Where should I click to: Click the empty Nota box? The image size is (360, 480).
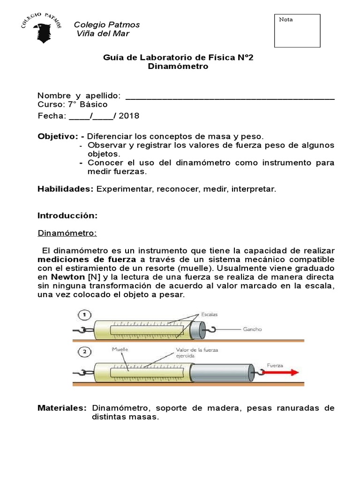click(297, 31)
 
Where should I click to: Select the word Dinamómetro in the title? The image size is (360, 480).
click(178, 67)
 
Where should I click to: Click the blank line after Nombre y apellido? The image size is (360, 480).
click(231, 96)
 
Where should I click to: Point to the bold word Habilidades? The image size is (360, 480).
click(65, 189)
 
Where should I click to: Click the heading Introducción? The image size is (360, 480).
click(67, 216)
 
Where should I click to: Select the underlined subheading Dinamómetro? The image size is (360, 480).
click(67, 233)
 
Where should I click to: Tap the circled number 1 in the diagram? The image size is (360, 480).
click(85, 315)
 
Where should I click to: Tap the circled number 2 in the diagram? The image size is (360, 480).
click(85, 351)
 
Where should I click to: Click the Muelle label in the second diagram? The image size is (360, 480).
click(120, 350)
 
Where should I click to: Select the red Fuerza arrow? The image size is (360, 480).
click(281, 373)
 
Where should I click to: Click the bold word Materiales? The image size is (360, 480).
click(62, 408)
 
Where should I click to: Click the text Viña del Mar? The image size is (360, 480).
click(103, 34)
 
